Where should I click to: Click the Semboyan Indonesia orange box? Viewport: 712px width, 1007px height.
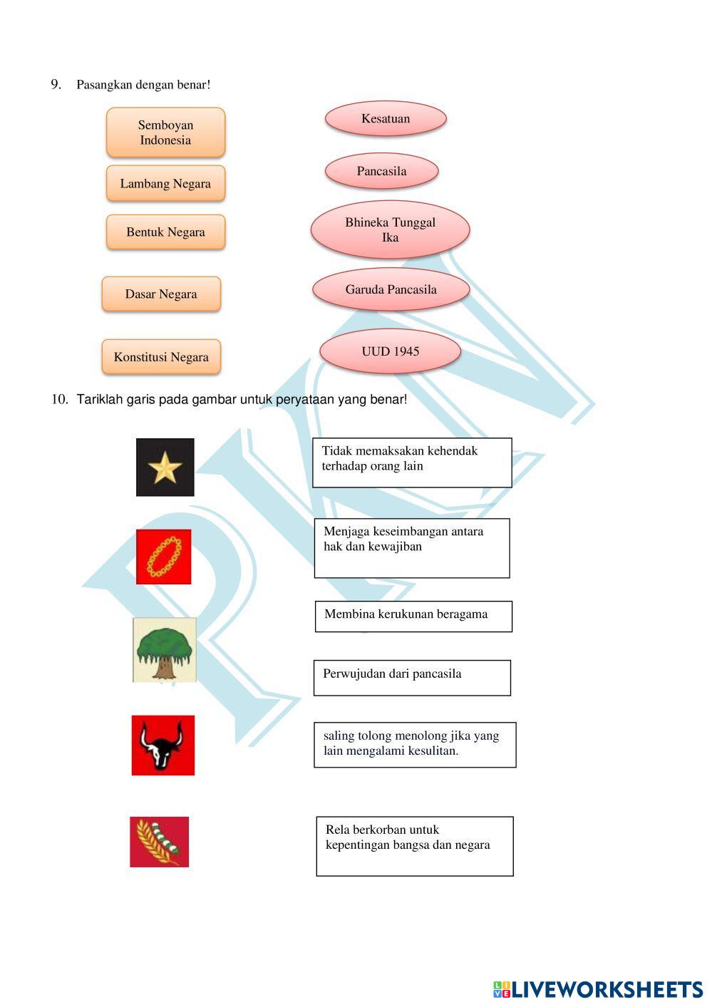[165, 133]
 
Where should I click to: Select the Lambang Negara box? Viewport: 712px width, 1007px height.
[165, 184]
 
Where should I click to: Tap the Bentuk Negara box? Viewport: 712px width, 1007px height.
[165, 232]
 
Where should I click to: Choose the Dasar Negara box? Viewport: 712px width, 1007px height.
[161, 294]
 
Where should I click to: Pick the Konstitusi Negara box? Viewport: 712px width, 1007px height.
[161, 357]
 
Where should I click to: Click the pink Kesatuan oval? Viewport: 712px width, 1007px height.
[386, 119]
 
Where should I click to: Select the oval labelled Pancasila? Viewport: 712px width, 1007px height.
[381, 172]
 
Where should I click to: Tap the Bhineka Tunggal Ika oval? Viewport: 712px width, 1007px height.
[390, 229]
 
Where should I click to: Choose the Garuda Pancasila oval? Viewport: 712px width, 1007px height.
[391, 289]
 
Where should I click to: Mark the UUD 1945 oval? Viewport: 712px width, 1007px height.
[390, 351]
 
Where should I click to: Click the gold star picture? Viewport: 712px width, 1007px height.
[165, 468]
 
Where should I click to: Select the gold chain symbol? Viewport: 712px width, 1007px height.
[164, 557]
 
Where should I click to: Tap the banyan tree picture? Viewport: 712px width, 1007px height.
[165, 650]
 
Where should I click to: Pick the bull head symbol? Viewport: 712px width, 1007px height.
[163, 745]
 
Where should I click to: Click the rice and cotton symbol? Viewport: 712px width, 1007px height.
[160, 842]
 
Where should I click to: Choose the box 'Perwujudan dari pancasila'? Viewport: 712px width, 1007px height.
[412, 677]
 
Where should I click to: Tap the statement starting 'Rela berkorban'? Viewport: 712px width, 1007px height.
[415, 846]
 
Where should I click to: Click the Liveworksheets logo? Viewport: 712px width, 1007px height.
[597, 989]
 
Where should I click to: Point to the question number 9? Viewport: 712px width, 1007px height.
[56, 85]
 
